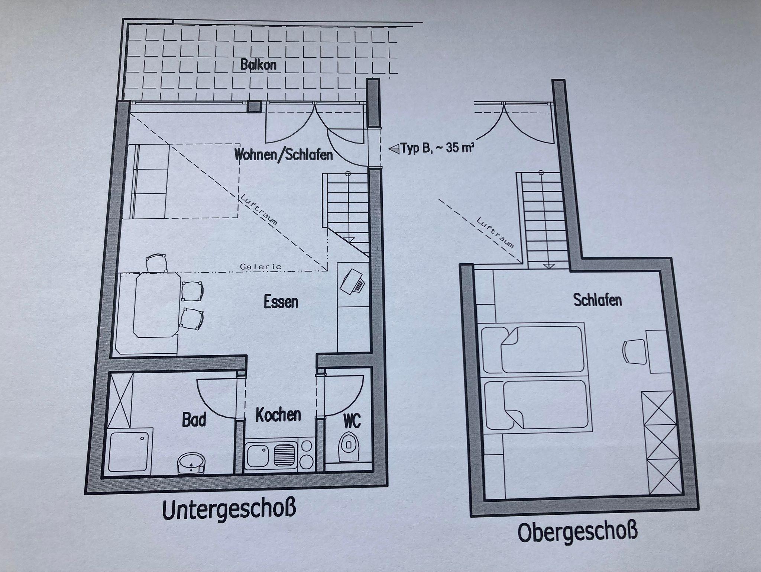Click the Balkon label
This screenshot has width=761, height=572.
click(x=258, y=65)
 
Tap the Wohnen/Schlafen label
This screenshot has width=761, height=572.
click(x=283, y=154)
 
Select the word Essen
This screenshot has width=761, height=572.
click(x=281, y=302)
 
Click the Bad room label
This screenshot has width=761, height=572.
click(x=194, y=420)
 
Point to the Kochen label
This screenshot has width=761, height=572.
click(x=278, y=415)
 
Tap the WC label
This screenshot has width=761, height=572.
click(x=352, y=421)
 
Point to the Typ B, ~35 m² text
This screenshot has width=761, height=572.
click(x=431, y=148)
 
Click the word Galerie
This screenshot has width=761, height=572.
click(x=260, y=267)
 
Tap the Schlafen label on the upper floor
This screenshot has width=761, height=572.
click(x=598, y=300)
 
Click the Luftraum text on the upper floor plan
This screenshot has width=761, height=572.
click(x=495, y=232)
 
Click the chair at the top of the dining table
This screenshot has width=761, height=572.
click(x=156, y=263)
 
